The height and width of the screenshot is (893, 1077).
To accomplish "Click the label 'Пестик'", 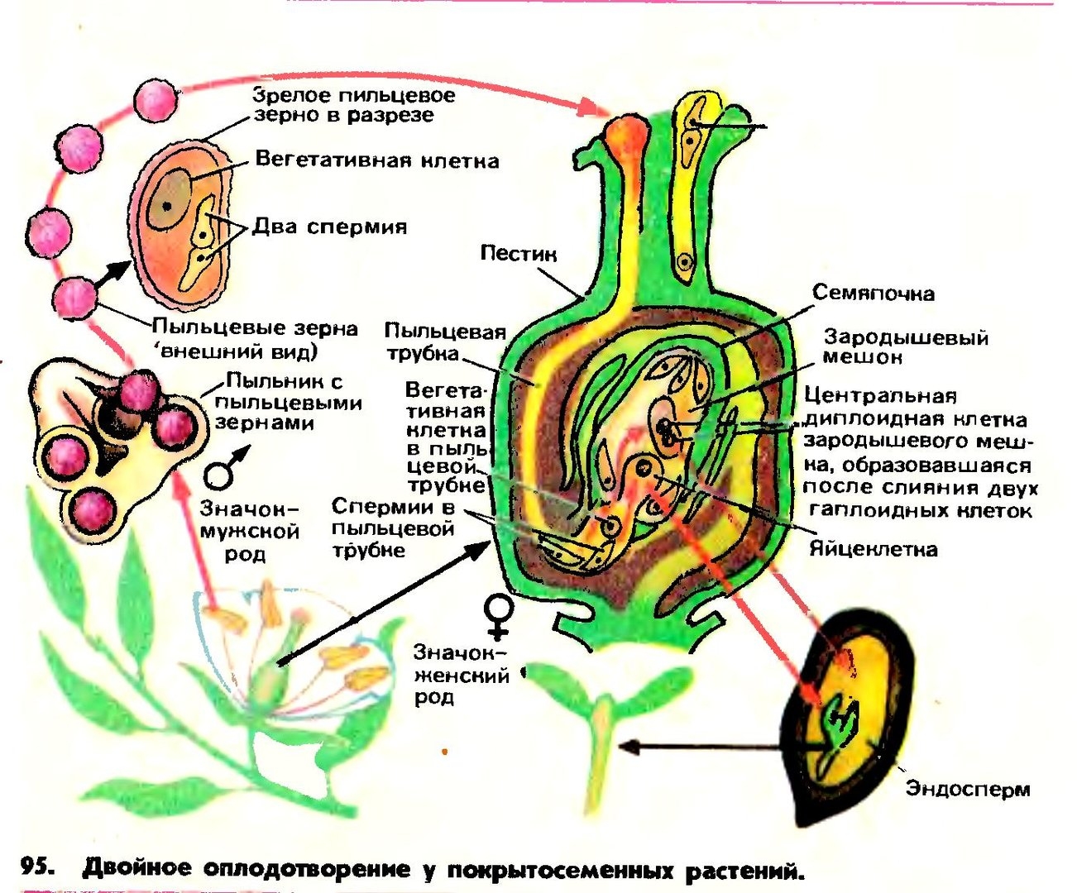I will coord(518,253).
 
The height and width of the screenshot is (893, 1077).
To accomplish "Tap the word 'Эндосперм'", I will coord(968,788).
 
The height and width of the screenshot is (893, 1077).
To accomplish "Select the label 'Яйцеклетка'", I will coord(873,550).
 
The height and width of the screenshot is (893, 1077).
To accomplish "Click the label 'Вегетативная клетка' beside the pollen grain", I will coord(376,160).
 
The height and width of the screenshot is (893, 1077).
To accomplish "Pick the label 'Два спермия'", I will coord(329,227).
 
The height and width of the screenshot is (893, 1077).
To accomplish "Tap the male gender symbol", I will coord(223,469).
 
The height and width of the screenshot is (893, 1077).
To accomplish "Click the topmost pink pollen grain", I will coord(156,101).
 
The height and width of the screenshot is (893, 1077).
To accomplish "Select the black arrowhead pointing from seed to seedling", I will coord(629,747).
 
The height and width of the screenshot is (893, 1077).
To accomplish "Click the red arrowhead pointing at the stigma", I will coord(592,107).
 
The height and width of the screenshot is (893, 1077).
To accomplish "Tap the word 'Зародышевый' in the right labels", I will coord(905,337).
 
